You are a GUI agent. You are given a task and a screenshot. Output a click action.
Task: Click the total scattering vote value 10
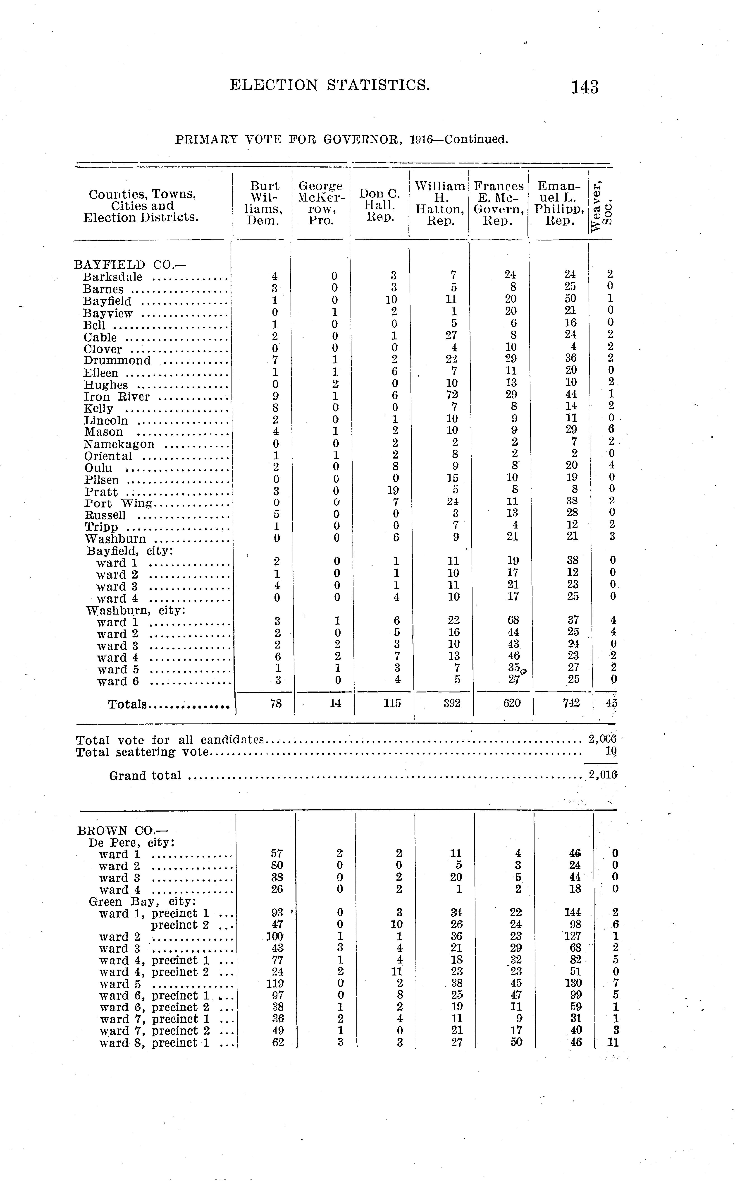611,752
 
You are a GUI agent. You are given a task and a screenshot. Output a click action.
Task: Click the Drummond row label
117,360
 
